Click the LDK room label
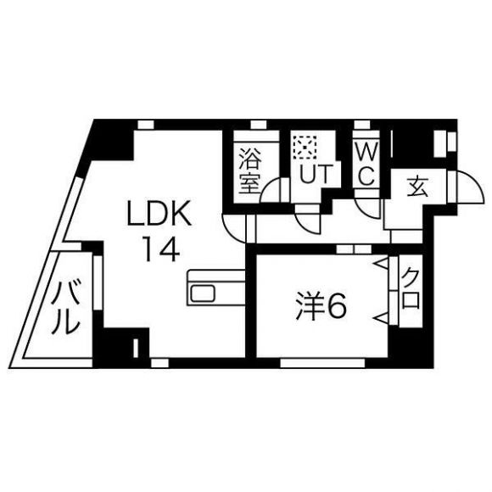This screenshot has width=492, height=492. pyautogui.click(x=159, y=213)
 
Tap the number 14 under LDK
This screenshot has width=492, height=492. pyautogui.click(x=162, y=249)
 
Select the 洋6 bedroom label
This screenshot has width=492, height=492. pyautogui.click(x=321, y=305)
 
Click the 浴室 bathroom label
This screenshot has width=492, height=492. pyautogui.click(x=250, y=171)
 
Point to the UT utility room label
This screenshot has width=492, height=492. pyautogui.click(x=316, y=174)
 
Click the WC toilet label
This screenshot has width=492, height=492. pyautogui.click(x=366, y=166)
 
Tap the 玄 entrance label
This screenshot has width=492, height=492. pyautogui.click(x=417, y=187)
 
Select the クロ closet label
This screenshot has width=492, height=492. pyautogui.click(x=411, y=290)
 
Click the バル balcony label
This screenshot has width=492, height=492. pyautogui.click(x=65, y=307)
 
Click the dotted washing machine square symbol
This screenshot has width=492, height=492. pyautogui.click(x=304, y=147)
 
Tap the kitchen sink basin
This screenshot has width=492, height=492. pyautogui.click(x=204, y=294)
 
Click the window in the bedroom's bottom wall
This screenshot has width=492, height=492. pyautogui.click(x=322, y=363)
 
